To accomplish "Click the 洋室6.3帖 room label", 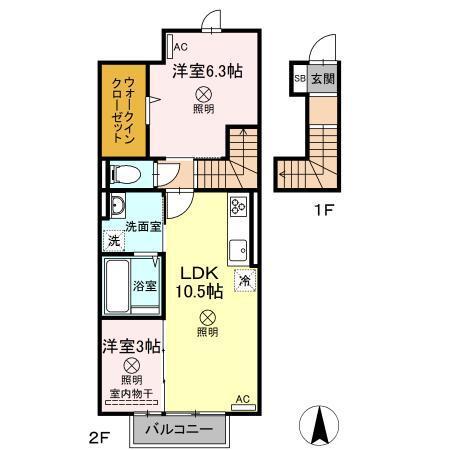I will tap(209, 70).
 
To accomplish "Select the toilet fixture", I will tap(127, 174).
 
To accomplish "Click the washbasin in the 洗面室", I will tap(116, 207).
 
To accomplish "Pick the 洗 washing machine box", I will tap(115, 240).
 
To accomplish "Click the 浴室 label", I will tap(145, 286).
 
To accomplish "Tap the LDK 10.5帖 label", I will tap(201, 281).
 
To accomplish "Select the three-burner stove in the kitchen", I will tap(239, 207).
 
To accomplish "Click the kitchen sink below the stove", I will tap(239, 248).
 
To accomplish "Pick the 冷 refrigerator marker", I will tap(244, 281).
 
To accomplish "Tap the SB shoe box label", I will tap(300, 77).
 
